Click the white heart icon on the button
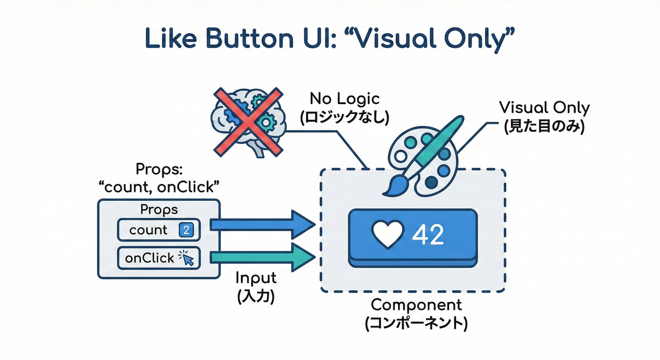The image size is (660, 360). (387, 234)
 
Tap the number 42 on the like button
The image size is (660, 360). (427, 234)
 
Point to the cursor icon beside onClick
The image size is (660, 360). (188, 257)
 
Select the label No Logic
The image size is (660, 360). (345, 99)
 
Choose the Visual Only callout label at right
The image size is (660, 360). (544, 108)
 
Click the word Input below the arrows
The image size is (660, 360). (255, 278)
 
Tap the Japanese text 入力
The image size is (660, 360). (255, 296)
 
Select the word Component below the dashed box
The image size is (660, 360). (416, 305)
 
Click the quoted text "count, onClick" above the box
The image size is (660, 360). (159, 187)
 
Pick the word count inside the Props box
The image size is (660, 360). (149, 230)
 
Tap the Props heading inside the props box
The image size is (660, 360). (159, 210)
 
